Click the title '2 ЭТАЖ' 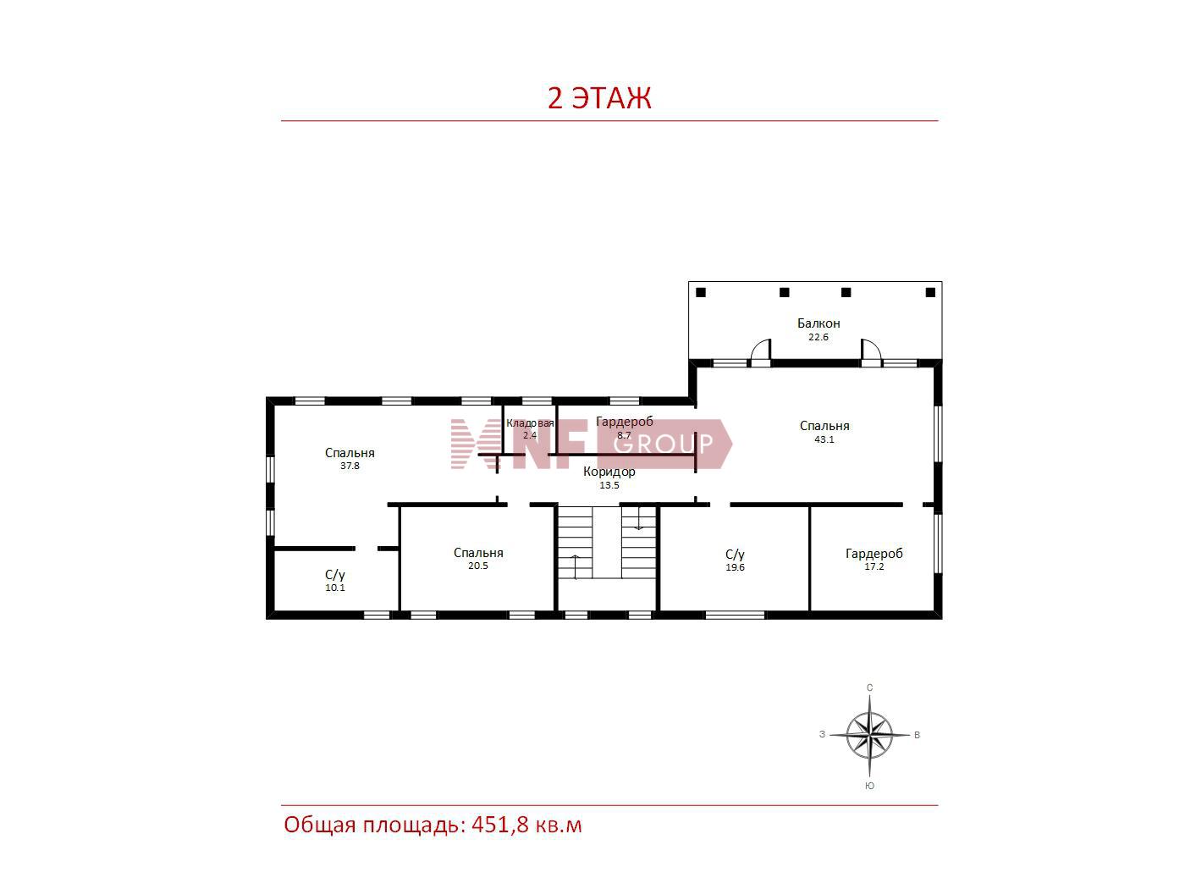click(x=598, y=98)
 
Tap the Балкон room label click(x=818, y=323)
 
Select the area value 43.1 click(x=824, y=439)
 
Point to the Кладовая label click(x=530, y=423)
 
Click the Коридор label click(x=609, y=472)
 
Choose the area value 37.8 click(x=350, y=466)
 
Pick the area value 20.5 click(x=477, y=566)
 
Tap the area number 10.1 click(x=334, y=588)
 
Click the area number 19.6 click(x=735, y=567)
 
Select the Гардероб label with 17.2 click(x=874, y=554)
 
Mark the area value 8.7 click(x=624, y=435)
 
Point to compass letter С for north click(x=869, y=687)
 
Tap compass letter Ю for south click(x=869, y=786)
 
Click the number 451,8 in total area click(x=500, y=825)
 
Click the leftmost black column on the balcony click(x=700, y=293)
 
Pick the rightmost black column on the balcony click(x=930, y=293)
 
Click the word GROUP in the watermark click(x=663, y=444)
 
